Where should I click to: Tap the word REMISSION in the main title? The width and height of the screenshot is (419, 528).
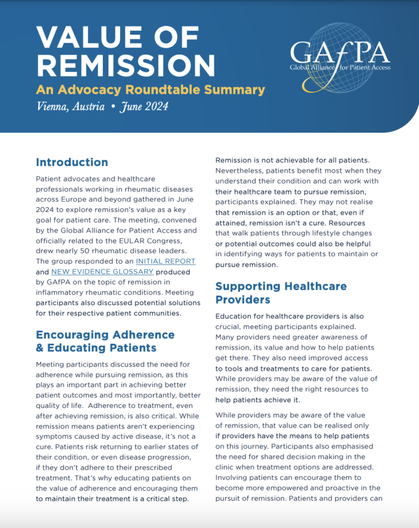[126, 65]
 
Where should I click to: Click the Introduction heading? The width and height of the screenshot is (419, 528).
[72, 162]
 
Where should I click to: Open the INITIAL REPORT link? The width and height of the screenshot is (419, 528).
[165, 261]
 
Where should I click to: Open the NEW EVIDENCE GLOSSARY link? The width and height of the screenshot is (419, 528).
[102, 272]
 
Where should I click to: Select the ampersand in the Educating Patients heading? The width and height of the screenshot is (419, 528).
[41, 348]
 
